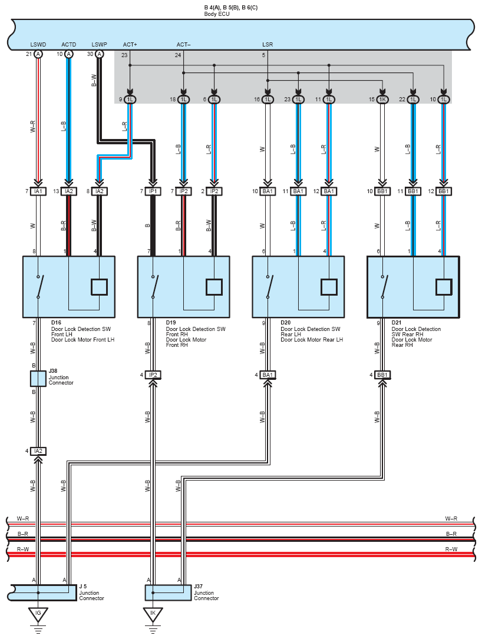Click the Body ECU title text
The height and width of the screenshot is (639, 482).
click(217, 14)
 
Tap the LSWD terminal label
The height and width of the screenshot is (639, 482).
click(38, 44)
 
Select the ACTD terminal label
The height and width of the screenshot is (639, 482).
click(69, 44)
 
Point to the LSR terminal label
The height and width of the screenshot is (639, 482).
click(268, 44)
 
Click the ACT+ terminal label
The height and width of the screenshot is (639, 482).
click(130, 44)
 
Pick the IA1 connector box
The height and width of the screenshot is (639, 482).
click(38, 191)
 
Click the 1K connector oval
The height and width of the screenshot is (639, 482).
click(382, 100)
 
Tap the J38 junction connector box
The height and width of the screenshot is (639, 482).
click(38, 379)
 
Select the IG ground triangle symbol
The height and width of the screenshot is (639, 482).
click(38, 614)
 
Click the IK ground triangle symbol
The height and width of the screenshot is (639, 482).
click(153, 614)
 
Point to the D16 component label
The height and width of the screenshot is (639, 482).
click(56, 323)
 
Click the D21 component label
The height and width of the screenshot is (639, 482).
click(397, 323)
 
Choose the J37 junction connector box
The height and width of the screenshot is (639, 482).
click(169, 593)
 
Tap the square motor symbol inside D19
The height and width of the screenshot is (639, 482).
click(214, 287)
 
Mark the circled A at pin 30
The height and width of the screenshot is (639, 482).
click(100, 54)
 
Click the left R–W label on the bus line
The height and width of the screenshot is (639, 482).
click(23, 549)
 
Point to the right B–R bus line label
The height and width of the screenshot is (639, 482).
click(451, 534)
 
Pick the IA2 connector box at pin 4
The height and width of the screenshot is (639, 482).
click(38, 451)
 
